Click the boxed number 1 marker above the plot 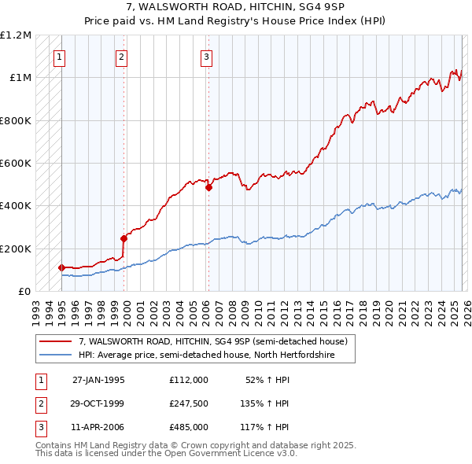(x=61, y=56)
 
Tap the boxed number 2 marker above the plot (x=121, y=56)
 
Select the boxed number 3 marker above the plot (x=205, y=56)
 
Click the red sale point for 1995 (x=62, y=267)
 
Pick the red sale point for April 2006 (x=209, y=188)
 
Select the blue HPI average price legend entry (x=206, y=355)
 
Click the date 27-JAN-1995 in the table (x=98, y=379)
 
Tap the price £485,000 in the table (x=188, y=428)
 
